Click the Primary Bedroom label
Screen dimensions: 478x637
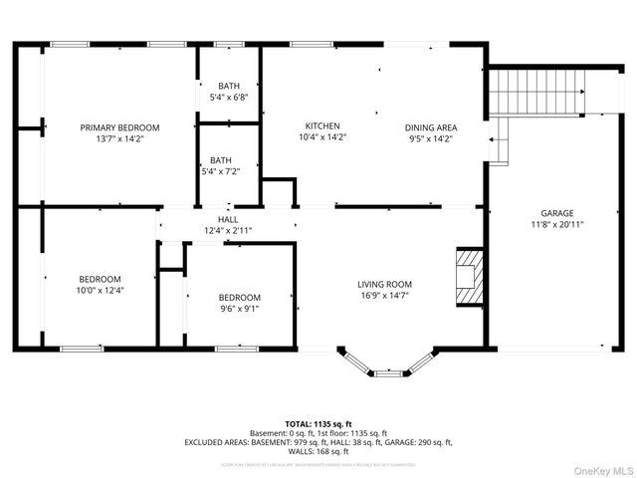click(119, 127)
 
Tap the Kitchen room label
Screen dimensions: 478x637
click(323, 126)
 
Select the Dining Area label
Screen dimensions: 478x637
click(431, 127)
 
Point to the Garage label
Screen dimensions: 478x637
click(556, 213)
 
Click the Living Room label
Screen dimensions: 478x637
click(384, 284)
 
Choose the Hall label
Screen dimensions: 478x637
click(228, 219)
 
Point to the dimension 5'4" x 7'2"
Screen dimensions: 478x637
click(220, 171)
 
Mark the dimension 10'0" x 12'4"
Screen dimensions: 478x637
click(100, 290)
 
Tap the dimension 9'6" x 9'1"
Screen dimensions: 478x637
click(240, 309)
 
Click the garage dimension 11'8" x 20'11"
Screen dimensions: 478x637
click(556, 225)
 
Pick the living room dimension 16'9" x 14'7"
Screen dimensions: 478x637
click(384, 295)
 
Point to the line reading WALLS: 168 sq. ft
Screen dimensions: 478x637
click(318, 451)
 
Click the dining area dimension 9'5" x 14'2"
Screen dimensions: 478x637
click(431, 138)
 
